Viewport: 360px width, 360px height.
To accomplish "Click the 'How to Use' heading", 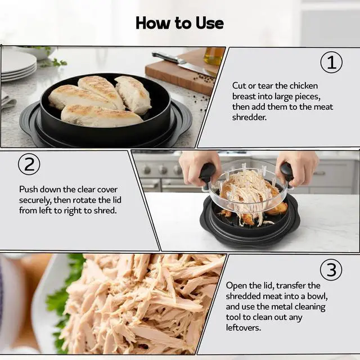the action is point(180,23).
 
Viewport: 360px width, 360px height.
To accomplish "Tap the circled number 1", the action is point(331,62).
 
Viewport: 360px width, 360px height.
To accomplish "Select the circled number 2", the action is point(29,164).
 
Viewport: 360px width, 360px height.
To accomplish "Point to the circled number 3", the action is point(331,270).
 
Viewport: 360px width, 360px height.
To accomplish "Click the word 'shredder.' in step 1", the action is point(249,118).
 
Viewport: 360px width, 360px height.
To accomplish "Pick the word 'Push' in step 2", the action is point(28,190).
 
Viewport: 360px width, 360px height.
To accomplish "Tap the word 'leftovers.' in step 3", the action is point(244,327).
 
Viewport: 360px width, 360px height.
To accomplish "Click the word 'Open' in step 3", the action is point(236,286).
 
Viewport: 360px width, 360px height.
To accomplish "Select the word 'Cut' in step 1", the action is point(239,86).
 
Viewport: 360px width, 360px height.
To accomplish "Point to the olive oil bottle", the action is point(214,56).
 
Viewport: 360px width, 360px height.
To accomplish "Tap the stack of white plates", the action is point(19,65).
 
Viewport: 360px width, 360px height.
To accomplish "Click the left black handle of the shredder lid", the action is point(207,173).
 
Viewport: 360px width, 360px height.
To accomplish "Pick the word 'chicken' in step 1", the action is point(304,86).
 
